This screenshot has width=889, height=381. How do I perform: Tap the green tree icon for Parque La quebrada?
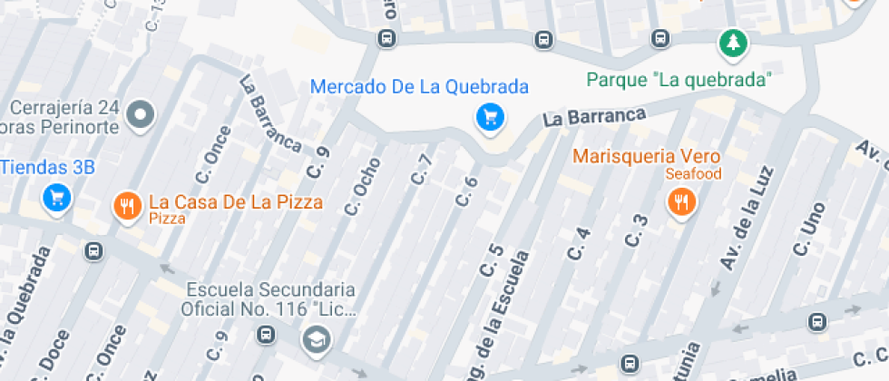point(731,41)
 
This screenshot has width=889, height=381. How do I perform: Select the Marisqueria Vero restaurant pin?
point(680,202)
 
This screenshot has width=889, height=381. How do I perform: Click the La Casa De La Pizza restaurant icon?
point(126,207)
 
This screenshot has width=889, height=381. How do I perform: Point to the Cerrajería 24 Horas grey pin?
point(141,115)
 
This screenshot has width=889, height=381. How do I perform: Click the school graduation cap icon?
point(317,340)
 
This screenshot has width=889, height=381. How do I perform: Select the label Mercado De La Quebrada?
point(419,87)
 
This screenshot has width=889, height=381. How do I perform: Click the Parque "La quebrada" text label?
point(679,80)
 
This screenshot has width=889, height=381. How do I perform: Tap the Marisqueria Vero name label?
point(646,155)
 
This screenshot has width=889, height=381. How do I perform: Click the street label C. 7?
point(420,170)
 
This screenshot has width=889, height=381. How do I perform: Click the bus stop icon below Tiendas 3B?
point(93,251)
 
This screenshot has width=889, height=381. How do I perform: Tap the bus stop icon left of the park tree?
point(660,39)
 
